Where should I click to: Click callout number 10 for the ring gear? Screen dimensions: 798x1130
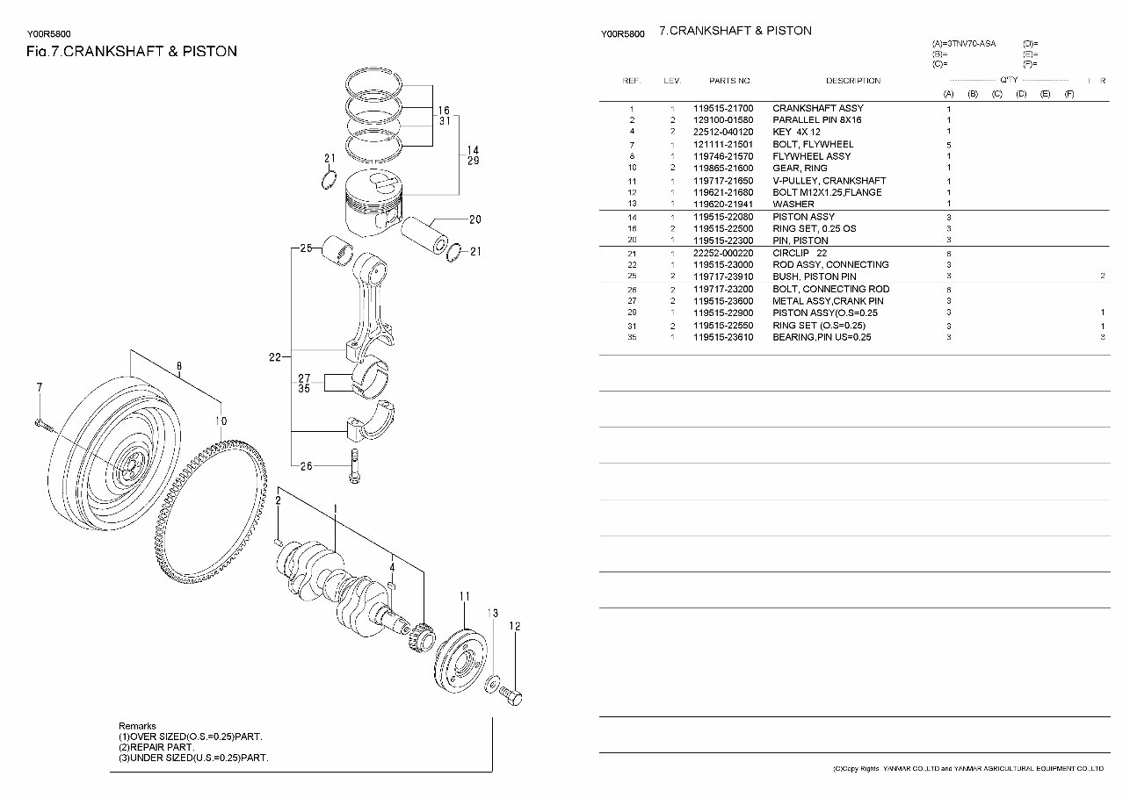click(221, 421)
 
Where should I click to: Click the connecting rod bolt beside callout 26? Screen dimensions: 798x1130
click(354, 467)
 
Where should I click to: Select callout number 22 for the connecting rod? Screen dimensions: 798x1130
click(275, 356)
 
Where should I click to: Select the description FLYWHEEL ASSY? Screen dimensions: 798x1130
click(811, 156)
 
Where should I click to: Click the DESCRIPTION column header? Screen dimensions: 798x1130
click(852, 81)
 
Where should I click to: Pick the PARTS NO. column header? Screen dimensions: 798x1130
click(730, 81)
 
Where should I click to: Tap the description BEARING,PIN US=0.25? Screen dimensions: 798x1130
click(822, 337)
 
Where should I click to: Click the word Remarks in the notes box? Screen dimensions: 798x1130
click(137, 726)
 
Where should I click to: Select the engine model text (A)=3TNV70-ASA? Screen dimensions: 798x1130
click(964, 43)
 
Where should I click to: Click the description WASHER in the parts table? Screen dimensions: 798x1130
click(793, 204)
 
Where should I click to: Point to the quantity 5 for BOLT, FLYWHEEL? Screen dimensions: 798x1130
click(949, 145)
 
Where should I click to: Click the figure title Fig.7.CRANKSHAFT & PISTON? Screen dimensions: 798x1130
click(132, 52)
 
